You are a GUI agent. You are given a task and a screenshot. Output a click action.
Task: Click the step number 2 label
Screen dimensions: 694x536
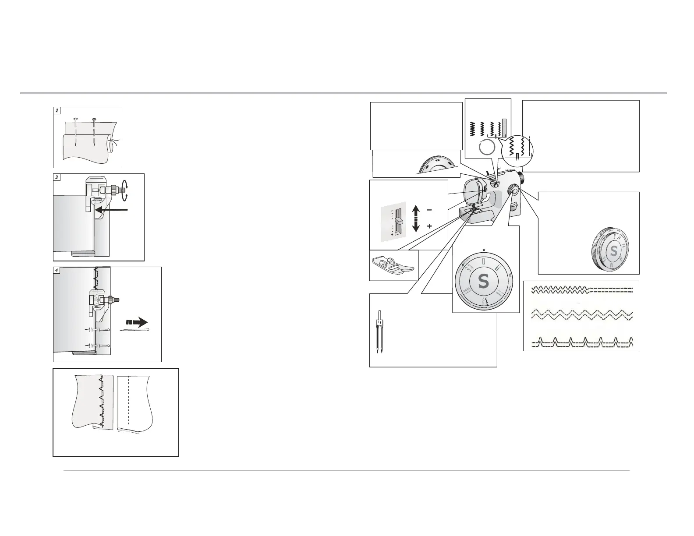tap(57, 110)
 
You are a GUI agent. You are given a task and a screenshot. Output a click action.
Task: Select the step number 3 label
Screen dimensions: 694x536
tap(57, 177)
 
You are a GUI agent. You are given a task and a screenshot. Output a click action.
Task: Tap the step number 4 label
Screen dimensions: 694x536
tap(57, 270)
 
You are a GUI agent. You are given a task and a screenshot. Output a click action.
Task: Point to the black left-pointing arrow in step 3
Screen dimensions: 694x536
tap(111, 210)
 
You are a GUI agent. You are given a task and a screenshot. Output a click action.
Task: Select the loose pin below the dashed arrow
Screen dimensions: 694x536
tap(135, 330)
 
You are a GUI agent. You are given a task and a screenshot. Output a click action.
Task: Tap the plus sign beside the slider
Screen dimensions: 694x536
tap(429, 226)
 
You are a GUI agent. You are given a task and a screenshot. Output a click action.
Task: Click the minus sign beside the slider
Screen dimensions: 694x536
tap(429, 210)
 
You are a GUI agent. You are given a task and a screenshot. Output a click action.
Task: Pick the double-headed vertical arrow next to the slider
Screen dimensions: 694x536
tap(415, 219)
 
